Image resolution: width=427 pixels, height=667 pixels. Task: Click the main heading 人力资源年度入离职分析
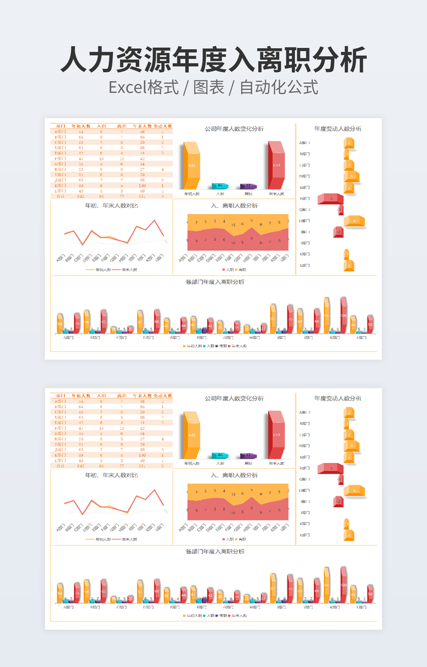pos(213,60)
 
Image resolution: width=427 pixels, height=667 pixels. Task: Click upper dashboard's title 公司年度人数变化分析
pos(234,129)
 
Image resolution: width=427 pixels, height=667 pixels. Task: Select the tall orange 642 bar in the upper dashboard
pos(191,165)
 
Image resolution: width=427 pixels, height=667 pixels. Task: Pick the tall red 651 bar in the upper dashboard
pos(276,165)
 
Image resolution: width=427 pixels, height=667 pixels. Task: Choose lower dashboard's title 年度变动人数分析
pos(338,398)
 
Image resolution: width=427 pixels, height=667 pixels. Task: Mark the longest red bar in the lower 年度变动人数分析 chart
pos(330,468)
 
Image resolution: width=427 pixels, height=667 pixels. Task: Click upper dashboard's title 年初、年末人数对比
pos(111,206)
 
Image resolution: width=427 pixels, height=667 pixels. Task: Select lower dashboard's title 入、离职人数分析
pos(234,475)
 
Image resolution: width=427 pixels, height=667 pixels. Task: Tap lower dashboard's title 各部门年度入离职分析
pos(215,551)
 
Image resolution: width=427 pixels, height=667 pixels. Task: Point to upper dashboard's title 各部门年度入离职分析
pos(215,282)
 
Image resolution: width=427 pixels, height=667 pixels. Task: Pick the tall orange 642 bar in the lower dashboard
pos(191,435)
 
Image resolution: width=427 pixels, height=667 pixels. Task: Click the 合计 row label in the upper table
pos(61,197)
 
